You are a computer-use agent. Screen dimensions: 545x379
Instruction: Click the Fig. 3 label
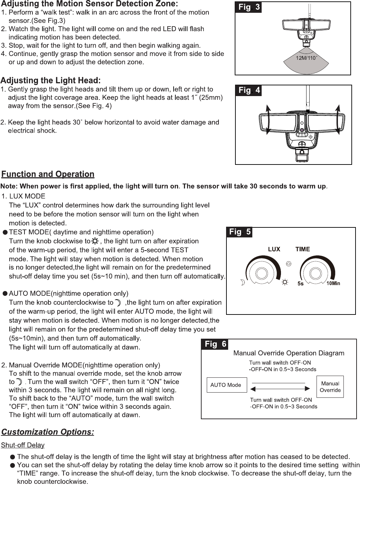pos(248,7)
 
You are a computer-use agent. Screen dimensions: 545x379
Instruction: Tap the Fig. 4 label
pos(248,91)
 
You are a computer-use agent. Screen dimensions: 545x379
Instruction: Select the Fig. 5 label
pos(239,232)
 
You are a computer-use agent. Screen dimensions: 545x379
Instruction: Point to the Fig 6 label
pos(215,344)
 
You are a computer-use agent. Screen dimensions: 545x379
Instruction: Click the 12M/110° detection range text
pos(306,58)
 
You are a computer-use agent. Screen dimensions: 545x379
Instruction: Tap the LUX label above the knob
pos(274,249)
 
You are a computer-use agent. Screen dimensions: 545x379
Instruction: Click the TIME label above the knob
pos(303,249)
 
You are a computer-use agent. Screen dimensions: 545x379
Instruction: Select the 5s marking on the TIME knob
pos(301,284)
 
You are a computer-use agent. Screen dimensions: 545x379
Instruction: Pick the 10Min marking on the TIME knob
pos(333,283)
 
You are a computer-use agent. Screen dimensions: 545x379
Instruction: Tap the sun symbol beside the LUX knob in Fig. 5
pos(285,282)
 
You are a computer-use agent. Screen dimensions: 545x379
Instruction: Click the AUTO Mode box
pos(226,385)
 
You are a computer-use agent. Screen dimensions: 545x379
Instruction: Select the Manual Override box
pos(330,387)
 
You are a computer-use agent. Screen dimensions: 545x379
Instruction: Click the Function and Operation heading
pos(48,174)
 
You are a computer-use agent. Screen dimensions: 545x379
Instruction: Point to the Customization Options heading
pos(48,432)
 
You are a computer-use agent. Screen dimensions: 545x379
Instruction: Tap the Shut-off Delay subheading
pos(23,445)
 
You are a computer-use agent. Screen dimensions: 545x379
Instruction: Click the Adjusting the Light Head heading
pos(50,81)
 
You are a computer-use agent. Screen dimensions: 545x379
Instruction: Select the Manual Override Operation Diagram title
pos(289,353)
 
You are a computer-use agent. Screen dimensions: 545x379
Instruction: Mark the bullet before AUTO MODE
pos(5,294)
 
